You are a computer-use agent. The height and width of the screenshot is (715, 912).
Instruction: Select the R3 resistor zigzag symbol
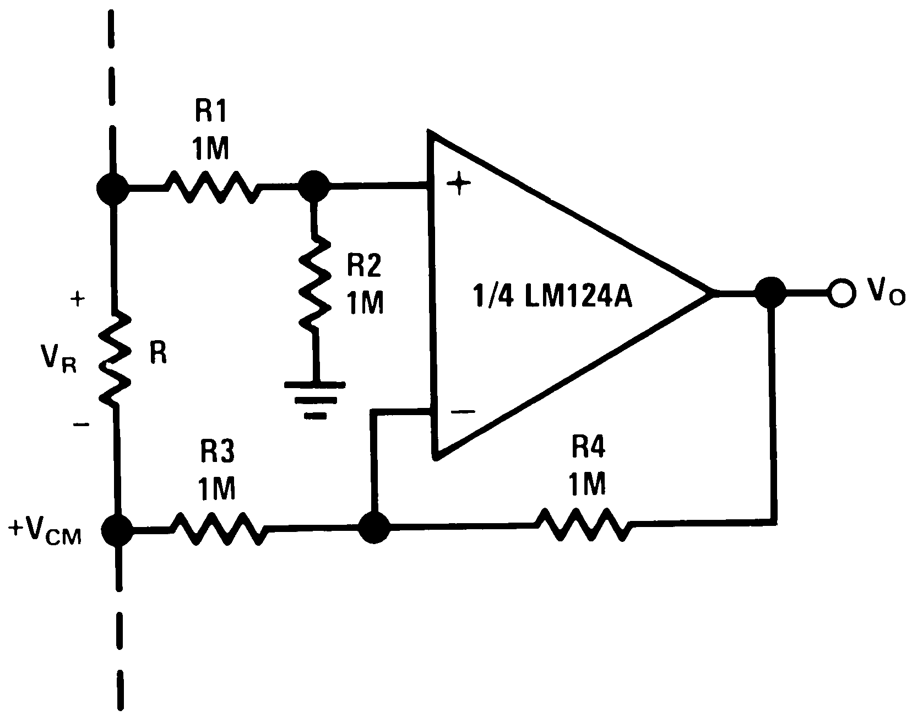coord(219,529)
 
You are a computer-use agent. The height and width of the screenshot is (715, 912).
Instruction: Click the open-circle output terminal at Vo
coord(841,292)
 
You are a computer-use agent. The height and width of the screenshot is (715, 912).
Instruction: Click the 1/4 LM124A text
coord(552,298)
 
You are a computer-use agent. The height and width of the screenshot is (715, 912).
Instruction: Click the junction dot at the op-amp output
coord(770,292)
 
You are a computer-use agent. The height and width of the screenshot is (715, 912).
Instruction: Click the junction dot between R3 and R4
coord(374,528)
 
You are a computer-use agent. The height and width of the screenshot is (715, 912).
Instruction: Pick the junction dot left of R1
coord(112,189)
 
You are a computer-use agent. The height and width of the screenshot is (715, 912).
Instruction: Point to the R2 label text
coord(363,267)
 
